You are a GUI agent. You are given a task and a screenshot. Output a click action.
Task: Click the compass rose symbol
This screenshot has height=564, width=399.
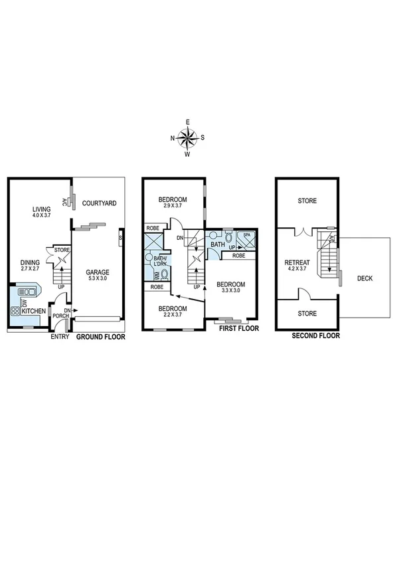[x=188, y=138]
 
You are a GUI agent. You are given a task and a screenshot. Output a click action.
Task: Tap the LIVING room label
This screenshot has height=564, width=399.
[x=42, y=209]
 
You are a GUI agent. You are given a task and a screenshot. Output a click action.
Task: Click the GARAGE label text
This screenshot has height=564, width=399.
[x=97, y=272]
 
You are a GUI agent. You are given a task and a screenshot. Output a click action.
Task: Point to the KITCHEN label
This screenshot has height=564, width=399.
[x=33, y=311]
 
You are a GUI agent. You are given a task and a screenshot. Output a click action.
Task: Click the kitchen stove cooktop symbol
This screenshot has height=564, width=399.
[x=14, y=310]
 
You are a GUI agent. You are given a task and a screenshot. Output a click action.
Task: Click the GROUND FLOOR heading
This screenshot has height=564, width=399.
[x=101, y=337]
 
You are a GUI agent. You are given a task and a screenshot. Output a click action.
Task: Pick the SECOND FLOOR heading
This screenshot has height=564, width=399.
[x=316, y=336]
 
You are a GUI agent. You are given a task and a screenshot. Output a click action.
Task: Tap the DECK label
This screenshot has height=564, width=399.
[x=365, y=278]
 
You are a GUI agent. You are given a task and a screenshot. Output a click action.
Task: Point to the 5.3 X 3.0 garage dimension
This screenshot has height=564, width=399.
[x=97, y=280]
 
